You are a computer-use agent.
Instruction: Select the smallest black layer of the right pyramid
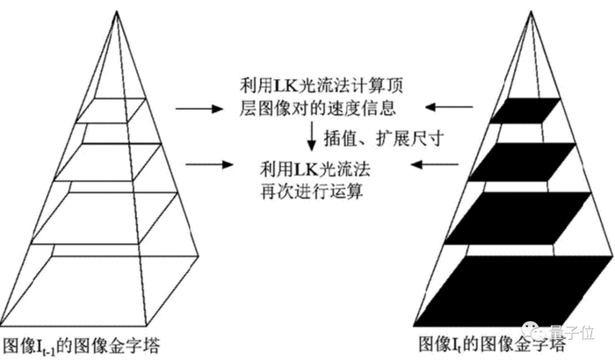525,112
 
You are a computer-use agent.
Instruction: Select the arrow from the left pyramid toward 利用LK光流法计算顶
192,108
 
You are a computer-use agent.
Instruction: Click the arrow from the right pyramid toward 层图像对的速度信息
445,108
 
